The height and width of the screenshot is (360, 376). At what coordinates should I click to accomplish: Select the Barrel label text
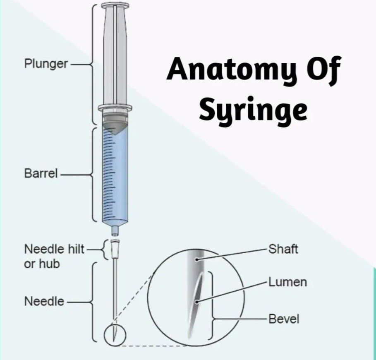41,174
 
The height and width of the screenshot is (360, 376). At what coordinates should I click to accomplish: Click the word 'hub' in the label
49,264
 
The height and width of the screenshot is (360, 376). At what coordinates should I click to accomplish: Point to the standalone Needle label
44,302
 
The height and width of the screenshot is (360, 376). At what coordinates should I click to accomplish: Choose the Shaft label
283,250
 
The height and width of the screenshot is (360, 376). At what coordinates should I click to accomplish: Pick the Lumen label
287,282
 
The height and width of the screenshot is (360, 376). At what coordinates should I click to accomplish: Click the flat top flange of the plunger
115,6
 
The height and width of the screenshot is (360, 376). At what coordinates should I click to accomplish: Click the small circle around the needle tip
115,334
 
